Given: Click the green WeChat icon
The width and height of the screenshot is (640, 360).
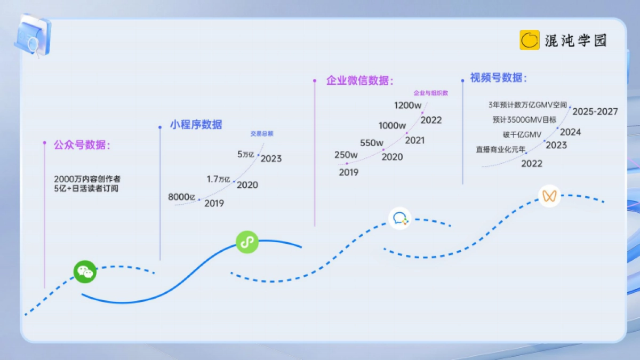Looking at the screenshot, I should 85,271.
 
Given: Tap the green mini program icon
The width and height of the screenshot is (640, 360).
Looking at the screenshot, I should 247,242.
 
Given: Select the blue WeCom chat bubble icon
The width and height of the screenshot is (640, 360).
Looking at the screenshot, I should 400,218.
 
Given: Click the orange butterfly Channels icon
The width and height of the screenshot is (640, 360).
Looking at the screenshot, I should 549,196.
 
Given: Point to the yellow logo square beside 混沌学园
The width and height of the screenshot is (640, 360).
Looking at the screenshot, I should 530,40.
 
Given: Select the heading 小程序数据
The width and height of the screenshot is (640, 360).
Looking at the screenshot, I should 196,125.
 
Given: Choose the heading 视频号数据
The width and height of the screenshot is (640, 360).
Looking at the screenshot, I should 498,78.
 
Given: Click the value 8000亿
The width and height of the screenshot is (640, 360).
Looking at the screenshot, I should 182,197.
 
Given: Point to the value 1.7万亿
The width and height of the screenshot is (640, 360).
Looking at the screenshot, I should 219,179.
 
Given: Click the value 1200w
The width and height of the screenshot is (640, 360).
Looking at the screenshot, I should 407,105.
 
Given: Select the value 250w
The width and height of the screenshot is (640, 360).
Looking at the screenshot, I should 346,155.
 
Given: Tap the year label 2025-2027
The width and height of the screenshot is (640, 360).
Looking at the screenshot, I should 595,111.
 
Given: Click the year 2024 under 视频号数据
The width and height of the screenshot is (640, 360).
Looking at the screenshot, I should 570,132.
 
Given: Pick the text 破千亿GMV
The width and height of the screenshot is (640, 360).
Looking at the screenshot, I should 522,134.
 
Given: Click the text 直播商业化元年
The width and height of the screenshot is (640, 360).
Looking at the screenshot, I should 500,150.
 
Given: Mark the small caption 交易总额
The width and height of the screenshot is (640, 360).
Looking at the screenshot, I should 262,133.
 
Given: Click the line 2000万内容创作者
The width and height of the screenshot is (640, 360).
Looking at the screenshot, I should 87,179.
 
